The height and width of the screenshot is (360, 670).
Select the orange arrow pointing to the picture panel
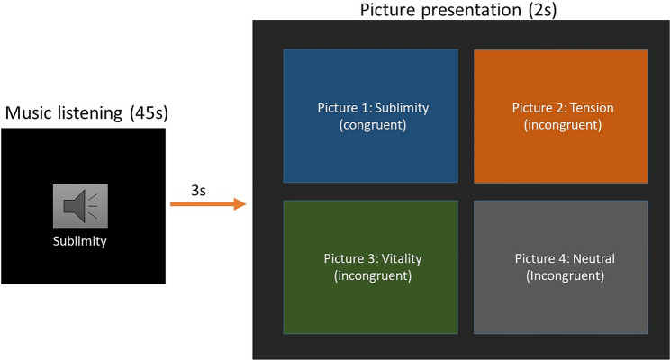click(208, 205)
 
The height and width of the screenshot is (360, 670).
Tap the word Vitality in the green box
click(399, 259)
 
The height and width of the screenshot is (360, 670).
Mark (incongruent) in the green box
click(372, 275)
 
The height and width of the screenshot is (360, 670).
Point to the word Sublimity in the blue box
click(401, 108)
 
